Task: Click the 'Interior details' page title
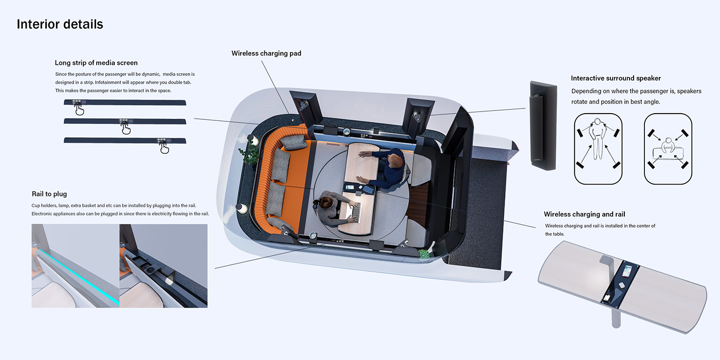pyautogui.click(x=60, y=24)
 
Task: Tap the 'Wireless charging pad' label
pyautogui.click(x=266, y=53)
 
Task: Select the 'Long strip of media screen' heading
pyautogui.click(x=96, y=63)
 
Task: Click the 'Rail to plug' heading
pyautogui.click(x=49, y=194)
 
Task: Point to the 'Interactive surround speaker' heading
pyautogui.click(x=616, y=78)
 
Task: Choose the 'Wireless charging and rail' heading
pyautogui.click(x=584, y=214)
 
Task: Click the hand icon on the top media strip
pyautogui.click(x=79, y=109)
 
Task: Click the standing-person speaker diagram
pyautogui.click(x=597, y=149)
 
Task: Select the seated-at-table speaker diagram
pyautogui.click(x=668, y=149)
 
